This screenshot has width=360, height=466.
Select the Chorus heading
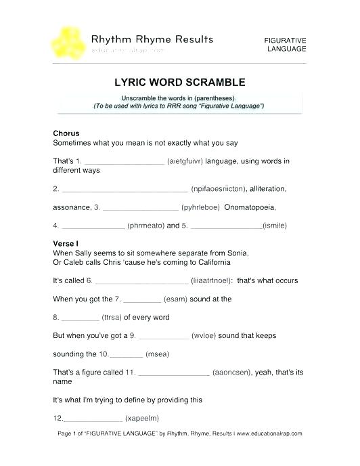pos(66,133)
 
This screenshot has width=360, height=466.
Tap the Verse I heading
pos(66,242)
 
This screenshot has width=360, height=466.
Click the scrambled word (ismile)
pos(275,225)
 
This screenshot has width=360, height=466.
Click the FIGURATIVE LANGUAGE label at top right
pos(285,45)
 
